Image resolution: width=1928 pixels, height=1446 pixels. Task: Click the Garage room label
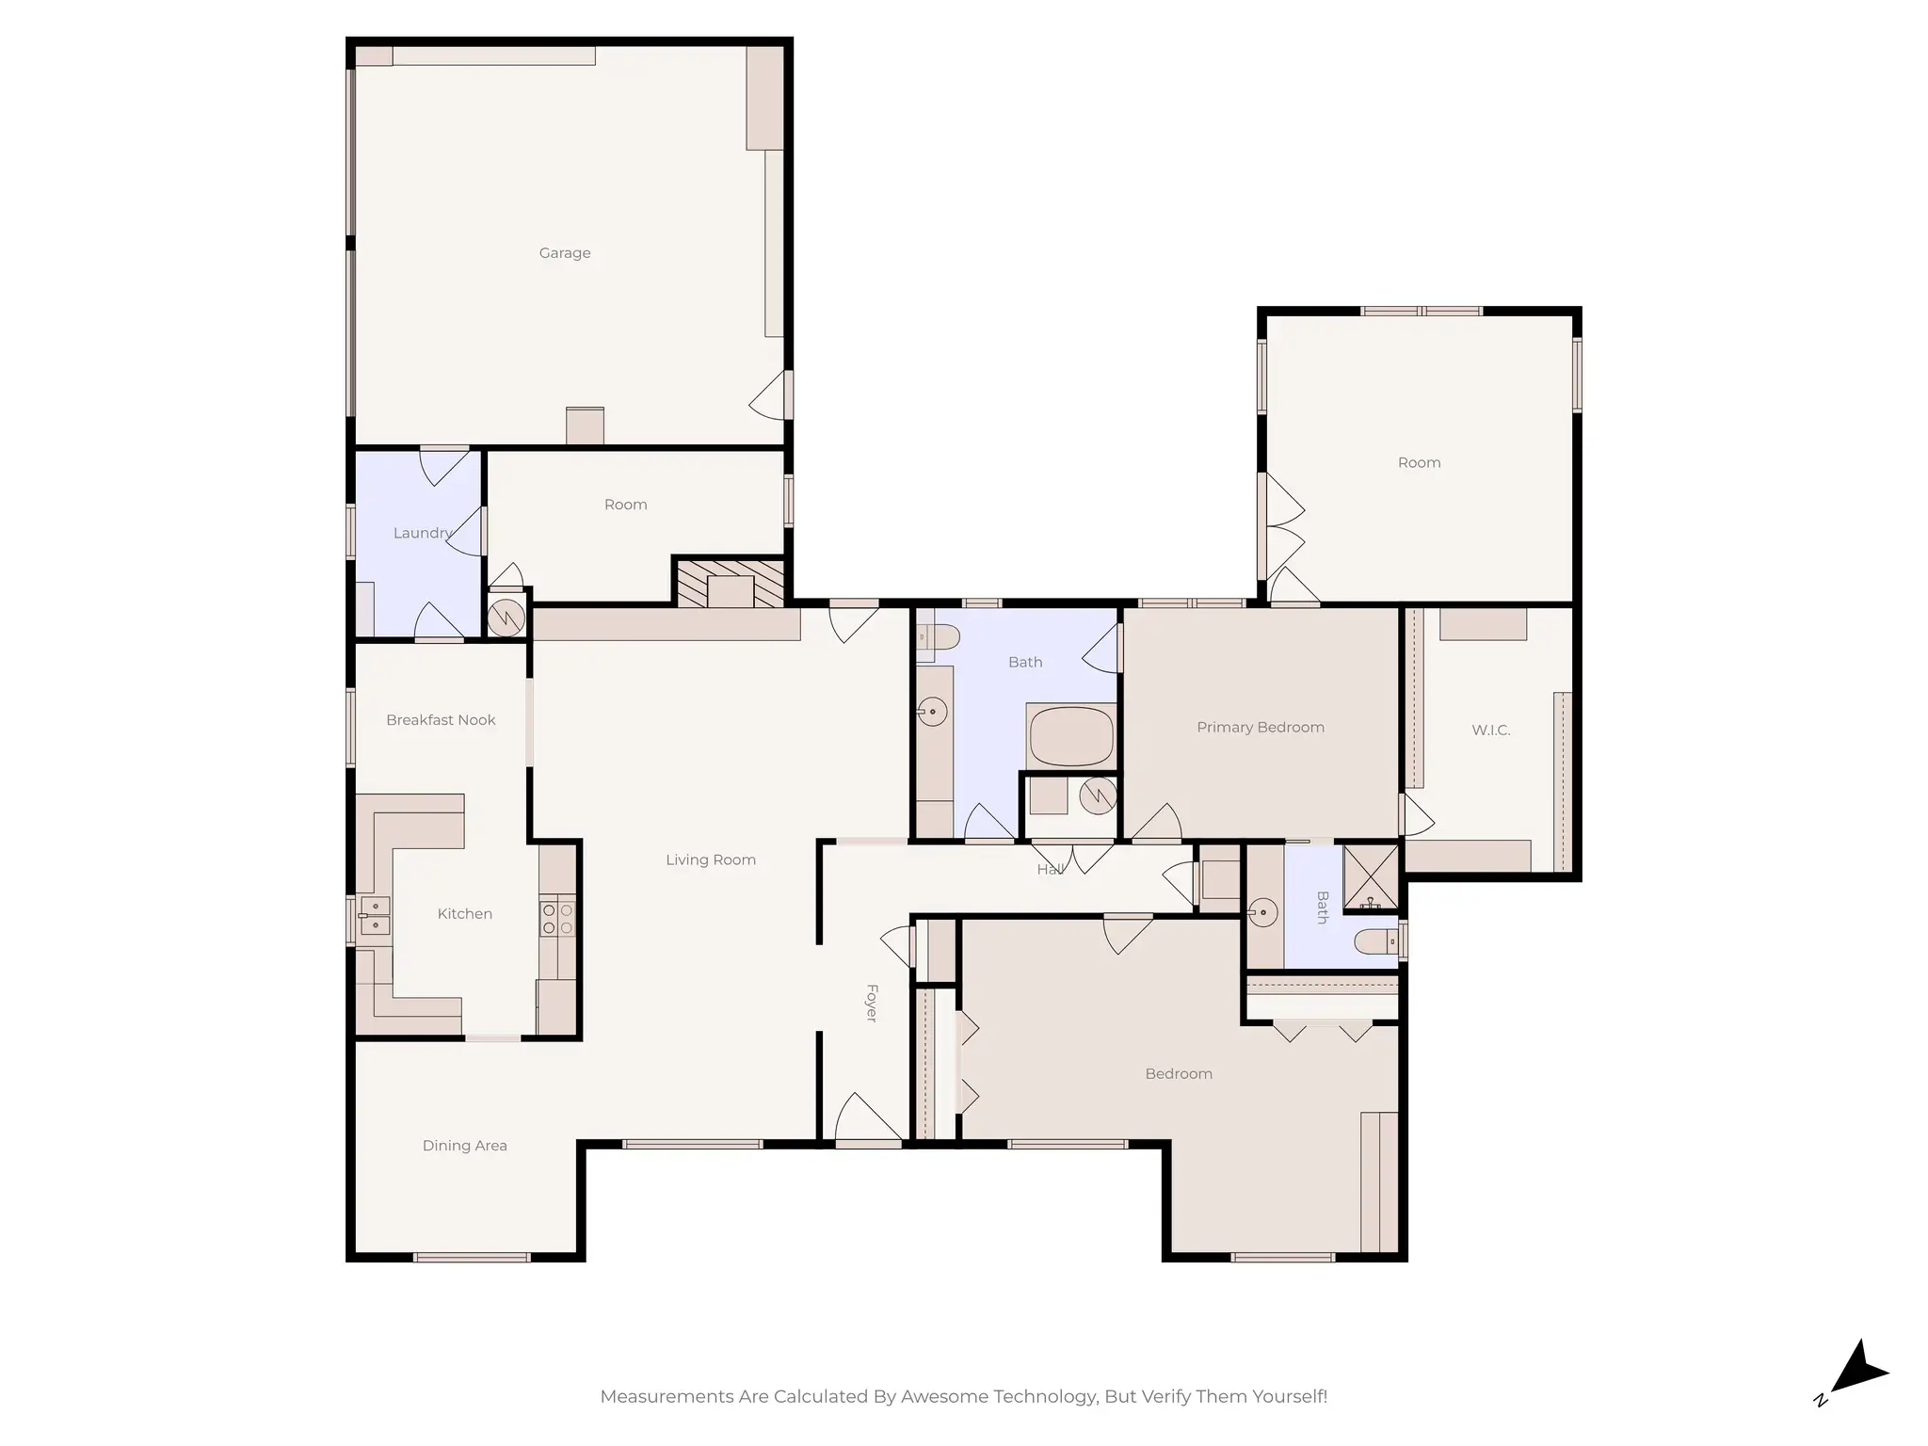point(565,253)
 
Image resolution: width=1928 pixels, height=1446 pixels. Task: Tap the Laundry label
point(422,533)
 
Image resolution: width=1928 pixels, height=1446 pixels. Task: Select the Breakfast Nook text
point(441,720)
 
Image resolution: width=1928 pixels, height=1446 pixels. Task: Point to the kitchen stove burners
point(557,920)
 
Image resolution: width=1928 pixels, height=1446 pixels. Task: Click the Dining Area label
point(464,1146)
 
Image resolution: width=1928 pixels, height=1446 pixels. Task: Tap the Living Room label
point(711,860)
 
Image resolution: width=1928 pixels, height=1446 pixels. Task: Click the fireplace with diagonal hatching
point(731,585)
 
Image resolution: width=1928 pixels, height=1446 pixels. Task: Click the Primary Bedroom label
point(1260,728)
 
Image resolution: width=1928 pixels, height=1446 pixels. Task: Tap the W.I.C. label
point(1490,731)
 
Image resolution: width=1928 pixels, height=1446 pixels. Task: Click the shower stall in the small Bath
point(1370,877)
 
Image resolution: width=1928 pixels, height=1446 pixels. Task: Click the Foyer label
point(872,1003)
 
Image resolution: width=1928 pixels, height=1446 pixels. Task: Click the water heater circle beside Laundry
point(506,618)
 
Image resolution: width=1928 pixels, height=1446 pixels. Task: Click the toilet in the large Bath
point(937,639)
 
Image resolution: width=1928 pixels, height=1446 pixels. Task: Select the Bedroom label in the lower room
point(1178,1074)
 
